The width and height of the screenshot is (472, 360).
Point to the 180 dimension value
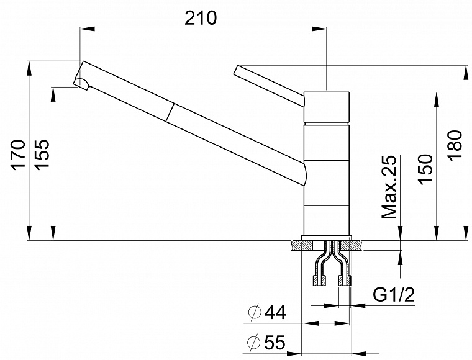455,146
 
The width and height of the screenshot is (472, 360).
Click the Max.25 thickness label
389,187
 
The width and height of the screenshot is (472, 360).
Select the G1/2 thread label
394,295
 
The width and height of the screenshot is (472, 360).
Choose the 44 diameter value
275,312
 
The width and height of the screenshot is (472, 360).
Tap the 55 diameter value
275,342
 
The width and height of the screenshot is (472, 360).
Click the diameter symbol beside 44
255,312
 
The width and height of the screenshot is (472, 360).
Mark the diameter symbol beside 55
253,342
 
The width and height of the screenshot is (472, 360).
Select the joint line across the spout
170,112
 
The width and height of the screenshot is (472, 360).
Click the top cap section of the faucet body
327,107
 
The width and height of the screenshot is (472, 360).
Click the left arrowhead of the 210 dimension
88,29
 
